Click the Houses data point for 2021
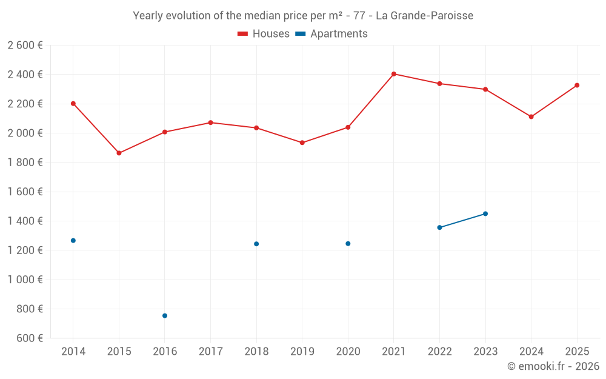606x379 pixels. [394, 74]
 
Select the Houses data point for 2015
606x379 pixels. [119, 153]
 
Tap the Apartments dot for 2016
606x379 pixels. [165, 316]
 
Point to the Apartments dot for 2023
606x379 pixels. [485, 213]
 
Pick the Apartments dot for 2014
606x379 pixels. [73, 241]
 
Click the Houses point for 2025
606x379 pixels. [577, 86]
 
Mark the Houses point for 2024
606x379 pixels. [531, 116]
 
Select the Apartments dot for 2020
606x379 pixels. [348, 244]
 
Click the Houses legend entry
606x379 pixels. [264, 34]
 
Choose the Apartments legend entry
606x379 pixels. [331, 34]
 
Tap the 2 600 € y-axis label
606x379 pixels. [25, 45]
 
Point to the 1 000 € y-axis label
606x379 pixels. [25, 280]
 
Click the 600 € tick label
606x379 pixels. [29, 338]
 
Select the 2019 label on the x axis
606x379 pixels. [302, 352]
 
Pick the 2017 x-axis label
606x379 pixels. [210, 352]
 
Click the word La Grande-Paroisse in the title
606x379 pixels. [424, 16]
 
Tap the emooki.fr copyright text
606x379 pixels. [553, 366]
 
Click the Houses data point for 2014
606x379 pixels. [73, 104]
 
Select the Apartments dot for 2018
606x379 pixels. [256, 244]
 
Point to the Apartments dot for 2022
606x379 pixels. [439, 227]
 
